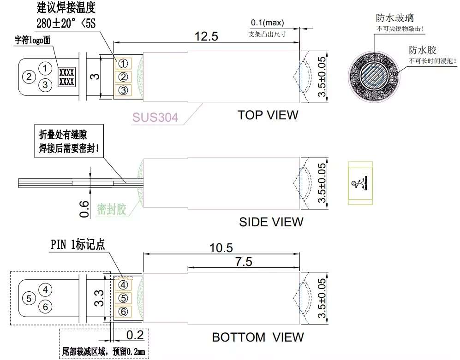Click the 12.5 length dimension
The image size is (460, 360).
coord(206,36)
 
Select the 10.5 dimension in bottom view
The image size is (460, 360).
coord(221,248)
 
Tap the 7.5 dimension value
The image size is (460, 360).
coord(243,262)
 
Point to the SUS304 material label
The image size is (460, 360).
coord(155,117)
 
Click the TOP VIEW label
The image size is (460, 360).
coord(268,115)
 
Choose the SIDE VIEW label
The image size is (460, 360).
coord(271,222)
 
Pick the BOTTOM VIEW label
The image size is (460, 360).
coord(257,337)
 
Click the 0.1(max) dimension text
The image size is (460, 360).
coord(267,23)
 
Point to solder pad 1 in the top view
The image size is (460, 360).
coord(123,63)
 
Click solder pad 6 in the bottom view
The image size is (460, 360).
coord(123,312)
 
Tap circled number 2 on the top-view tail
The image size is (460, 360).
coord(30,76)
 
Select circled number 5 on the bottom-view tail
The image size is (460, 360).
coord(30,298)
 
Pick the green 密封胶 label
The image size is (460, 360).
coord(111,210)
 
